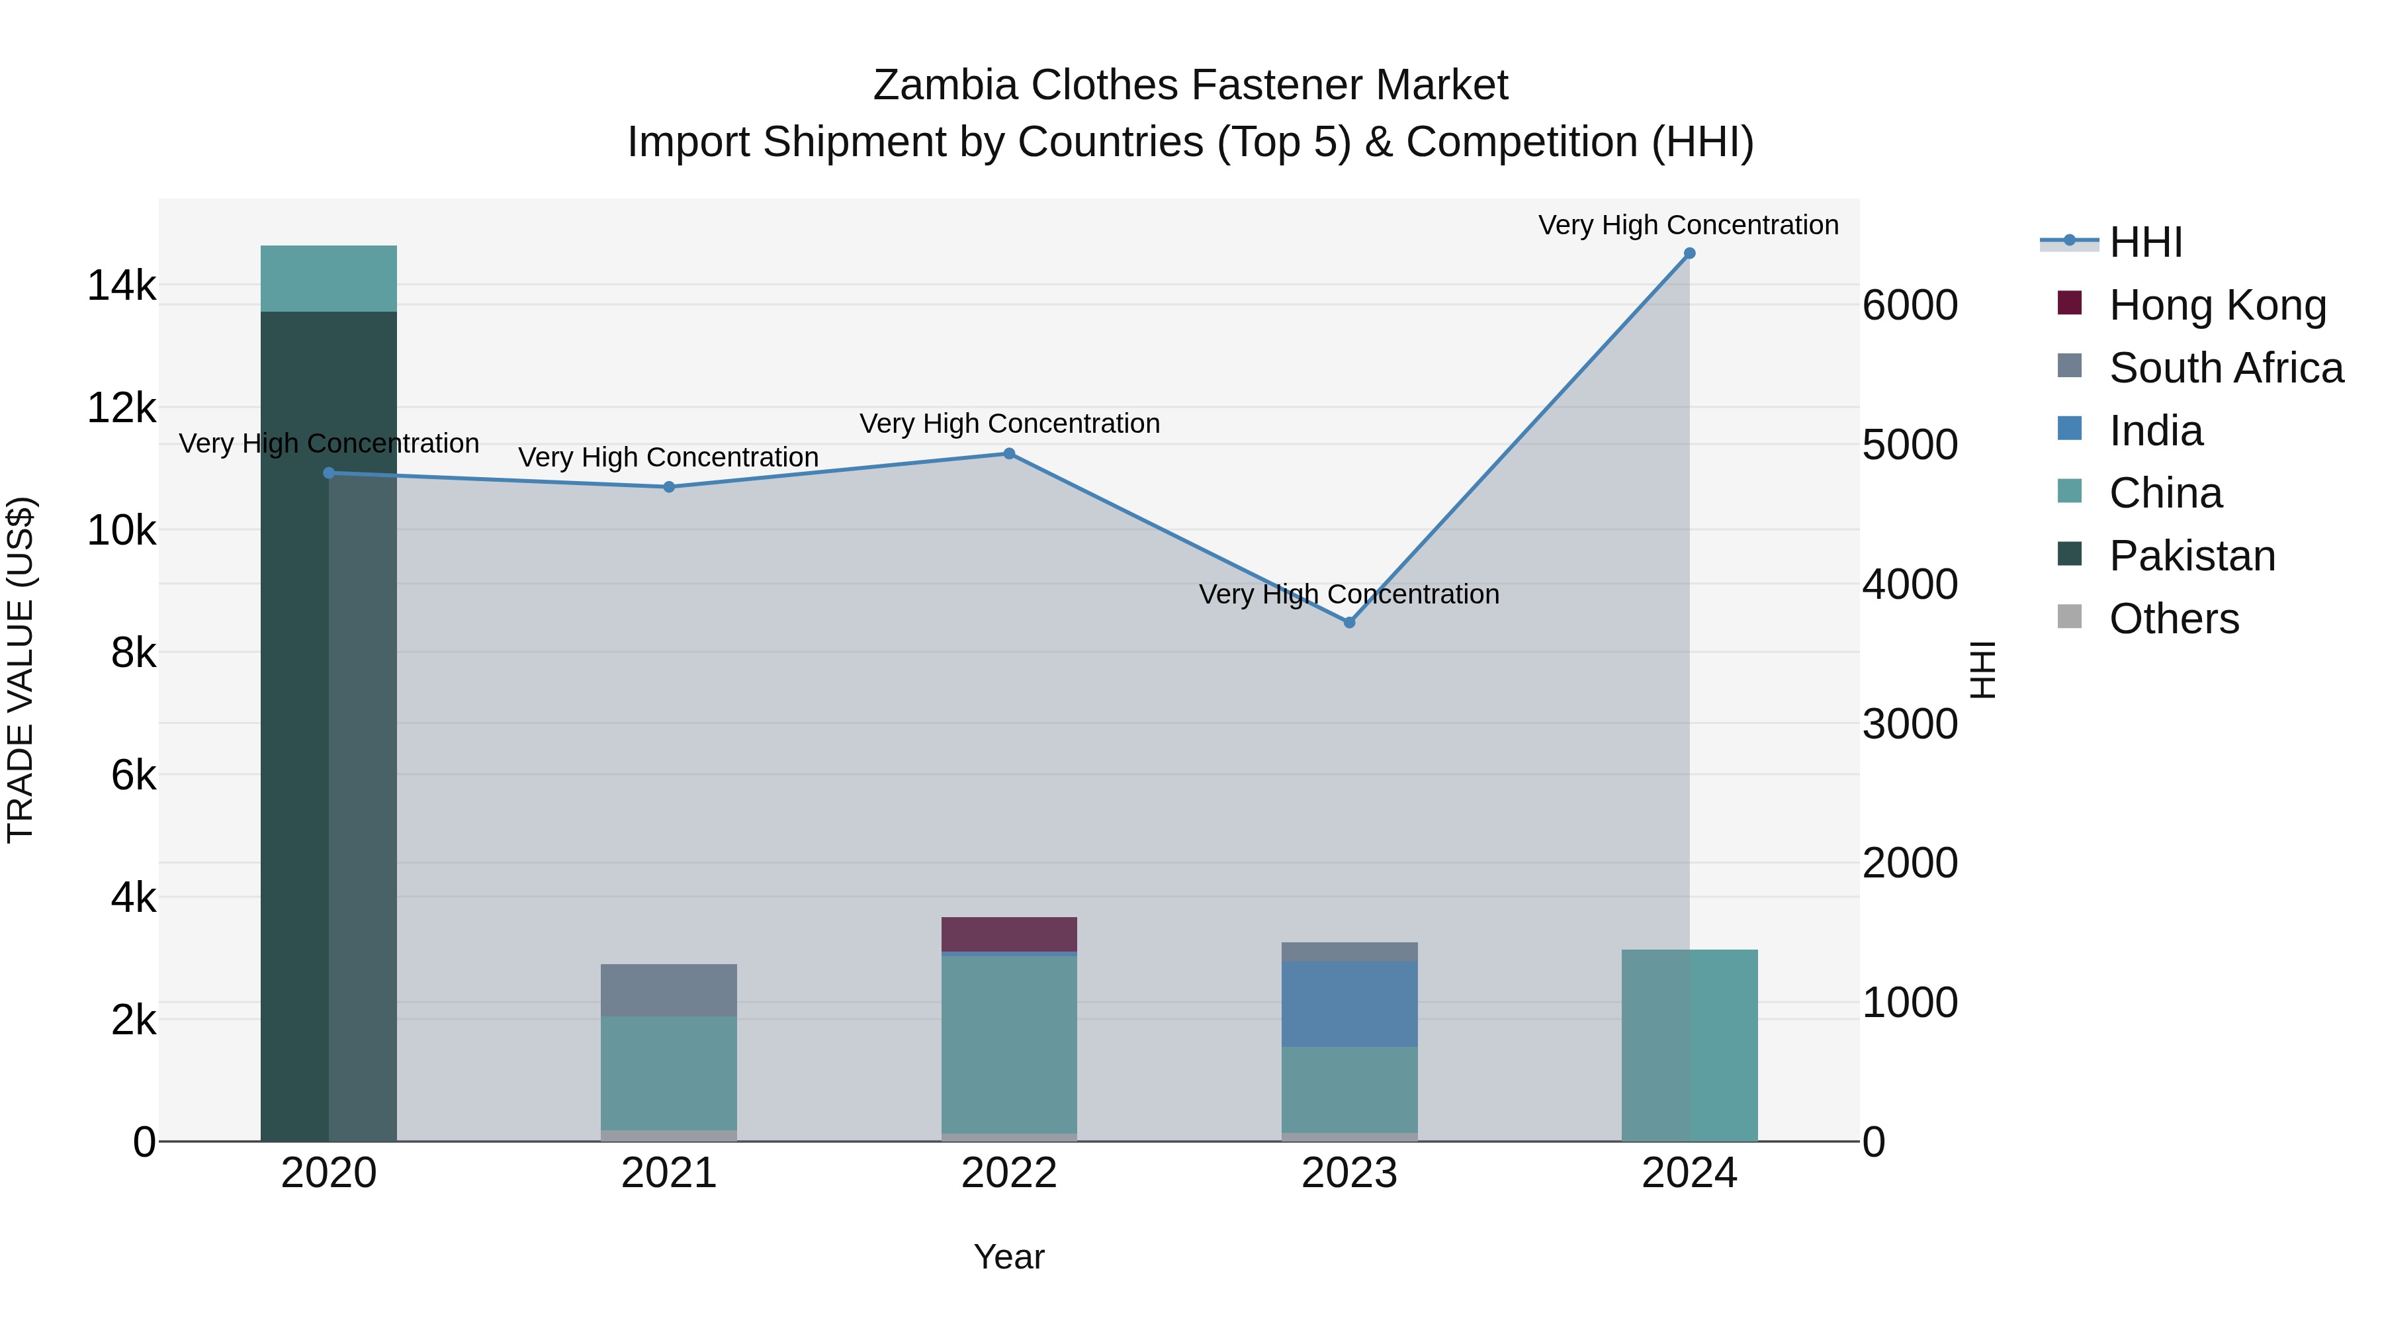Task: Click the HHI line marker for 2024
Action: point(1689,253)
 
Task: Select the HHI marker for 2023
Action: point(1349,623)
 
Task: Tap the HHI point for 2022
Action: point(1009,454)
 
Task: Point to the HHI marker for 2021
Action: point(668,487)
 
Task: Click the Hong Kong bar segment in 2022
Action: point(1009,934)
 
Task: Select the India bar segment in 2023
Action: point(1349,1003)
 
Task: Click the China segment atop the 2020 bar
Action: point(328,279)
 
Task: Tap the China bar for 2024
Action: point(1689,1045)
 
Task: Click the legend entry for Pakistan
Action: point(2191,556)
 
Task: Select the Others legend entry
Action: point(2173,619)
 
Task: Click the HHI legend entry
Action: point(2145,242)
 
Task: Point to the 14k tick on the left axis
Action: point(121,286)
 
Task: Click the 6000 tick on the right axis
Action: point(1910,306)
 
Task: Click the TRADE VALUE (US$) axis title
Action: point(21,670)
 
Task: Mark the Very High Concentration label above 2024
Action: point(1689,225)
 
